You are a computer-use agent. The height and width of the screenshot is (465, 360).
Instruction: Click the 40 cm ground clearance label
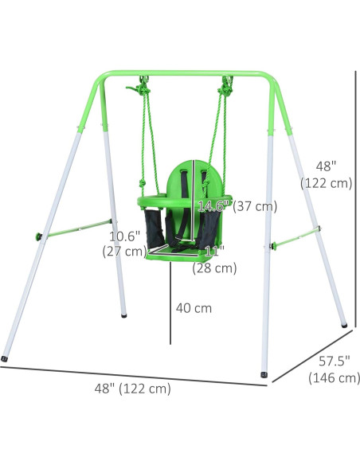click(195, 308)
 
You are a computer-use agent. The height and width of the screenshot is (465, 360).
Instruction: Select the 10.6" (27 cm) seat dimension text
click(124, 244)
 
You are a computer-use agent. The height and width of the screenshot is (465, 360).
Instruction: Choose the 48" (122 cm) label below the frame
click(132, 389)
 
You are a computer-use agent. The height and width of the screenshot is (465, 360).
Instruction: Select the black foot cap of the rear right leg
click(344, 325)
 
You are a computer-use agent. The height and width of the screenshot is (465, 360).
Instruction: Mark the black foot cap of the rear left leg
click(123, 316)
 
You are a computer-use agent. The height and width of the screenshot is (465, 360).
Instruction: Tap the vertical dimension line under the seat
click(170, 307)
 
